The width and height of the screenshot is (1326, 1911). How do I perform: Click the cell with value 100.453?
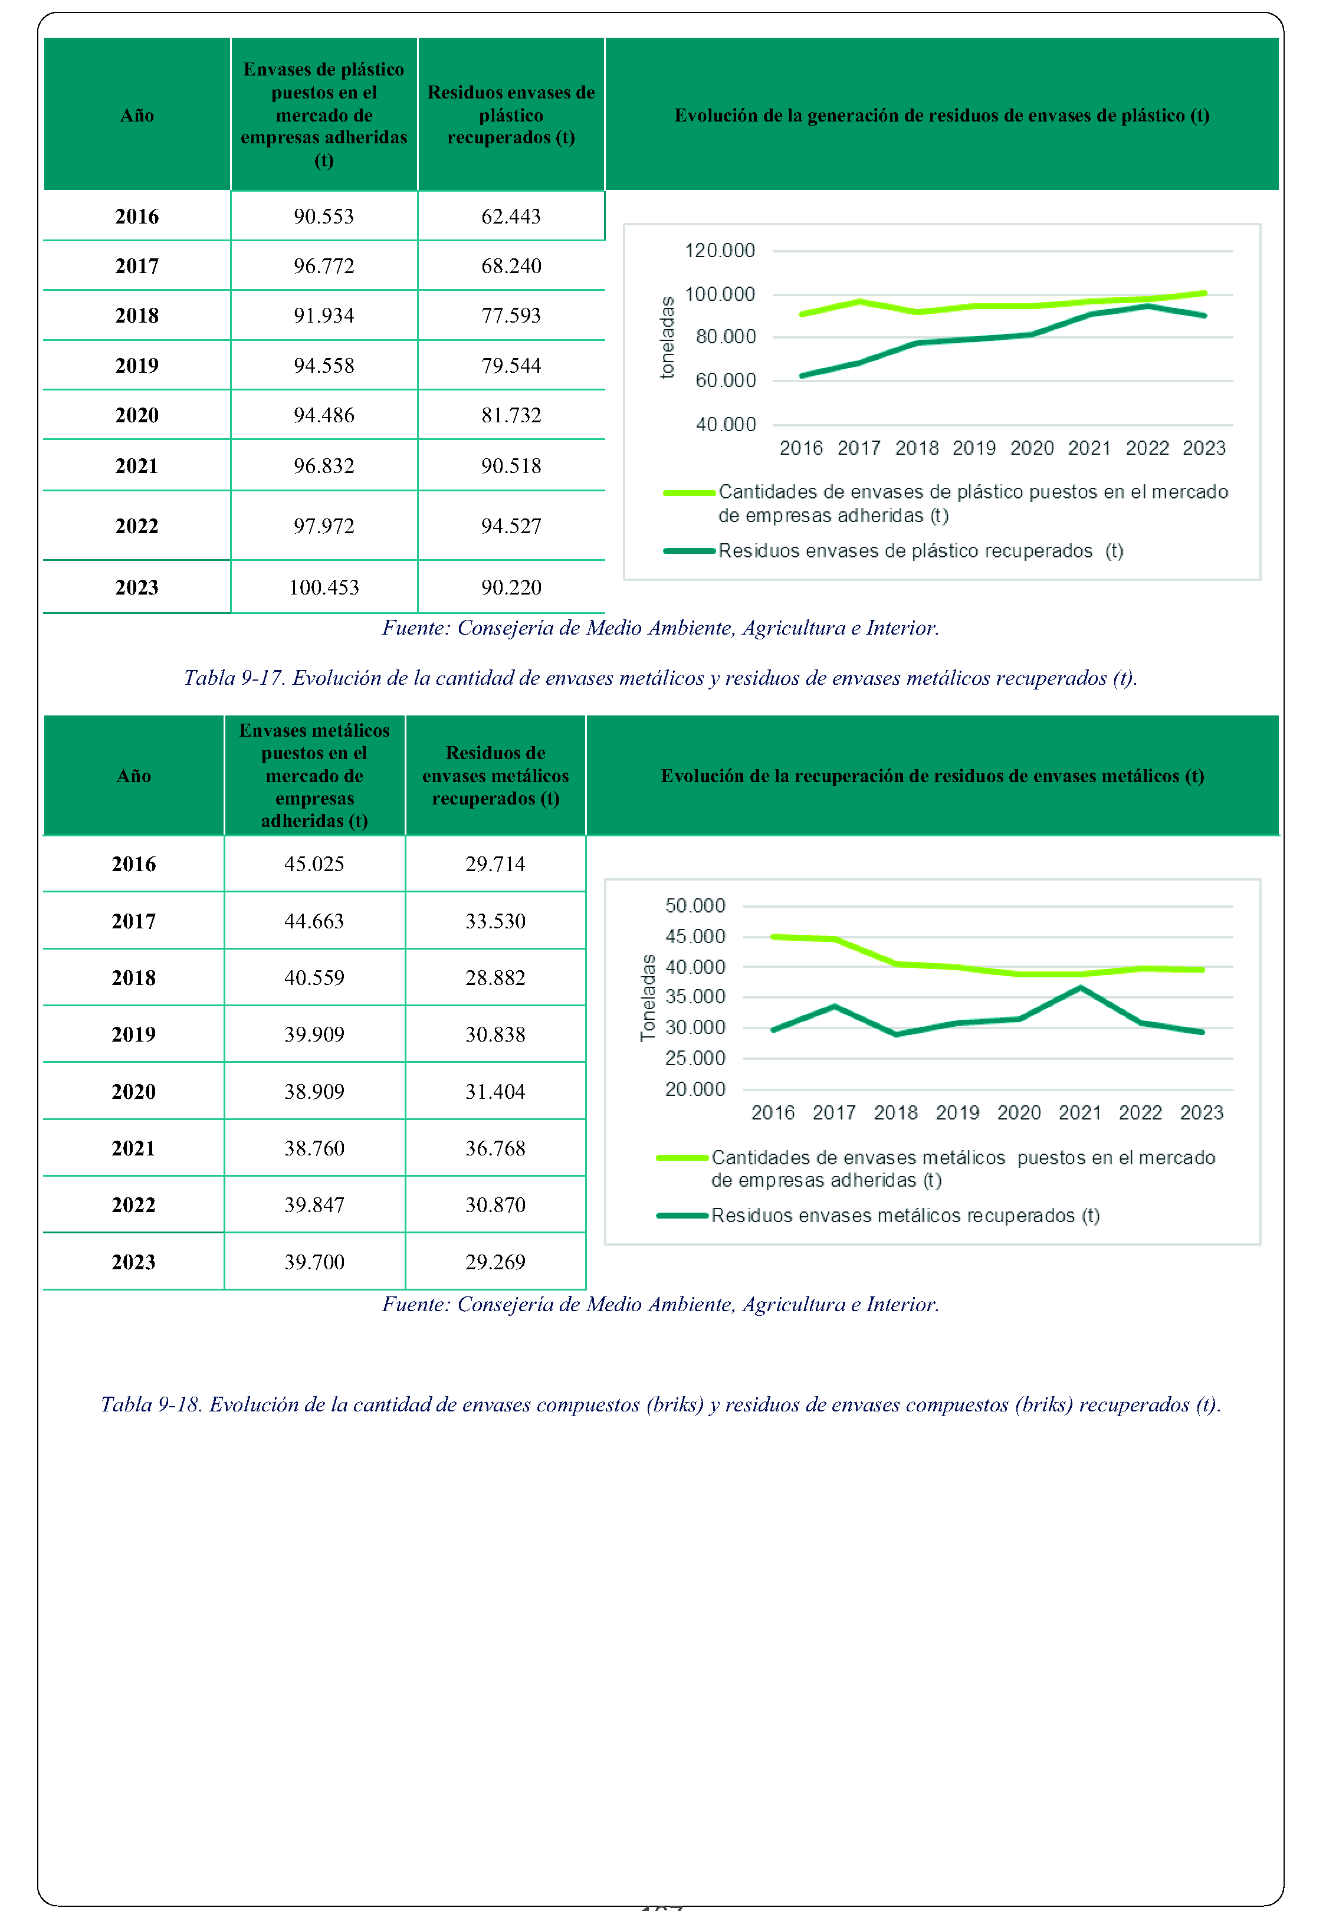click(324, 587)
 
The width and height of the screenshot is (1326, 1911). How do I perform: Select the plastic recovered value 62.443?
click(511, 216)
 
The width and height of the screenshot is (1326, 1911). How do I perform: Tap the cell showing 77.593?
click(511, 316)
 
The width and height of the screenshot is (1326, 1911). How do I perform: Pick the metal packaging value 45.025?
click(314, 863)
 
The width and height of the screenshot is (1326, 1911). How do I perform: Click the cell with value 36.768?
click(495, 1148)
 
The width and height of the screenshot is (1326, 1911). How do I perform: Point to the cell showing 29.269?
click(495, 1262)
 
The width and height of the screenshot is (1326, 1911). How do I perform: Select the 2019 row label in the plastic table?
click(137, 366)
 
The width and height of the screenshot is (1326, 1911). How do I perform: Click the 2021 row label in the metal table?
click(134, 1148)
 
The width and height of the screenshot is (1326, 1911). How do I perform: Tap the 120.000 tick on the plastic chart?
click(720, 250)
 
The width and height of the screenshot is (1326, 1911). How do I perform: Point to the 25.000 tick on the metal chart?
click(695, 1058)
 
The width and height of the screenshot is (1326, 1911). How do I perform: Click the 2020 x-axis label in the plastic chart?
click(1032, 448)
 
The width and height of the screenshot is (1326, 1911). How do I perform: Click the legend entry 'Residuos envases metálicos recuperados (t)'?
click(905, 1215)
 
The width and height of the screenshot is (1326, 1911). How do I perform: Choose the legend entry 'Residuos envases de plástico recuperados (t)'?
click(921, 551)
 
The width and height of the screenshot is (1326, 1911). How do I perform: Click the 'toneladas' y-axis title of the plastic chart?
click(667, 337)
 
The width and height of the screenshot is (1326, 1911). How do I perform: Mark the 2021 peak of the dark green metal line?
click(1080, 987)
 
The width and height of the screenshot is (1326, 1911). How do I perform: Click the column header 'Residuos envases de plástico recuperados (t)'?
click(511, 114)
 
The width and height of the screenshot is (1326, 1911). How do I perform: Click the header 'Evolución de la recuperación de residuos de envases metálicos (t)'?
click(932, 776)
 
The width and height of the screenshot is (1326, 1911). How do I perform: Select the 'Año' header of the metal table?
click(134, 776)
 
